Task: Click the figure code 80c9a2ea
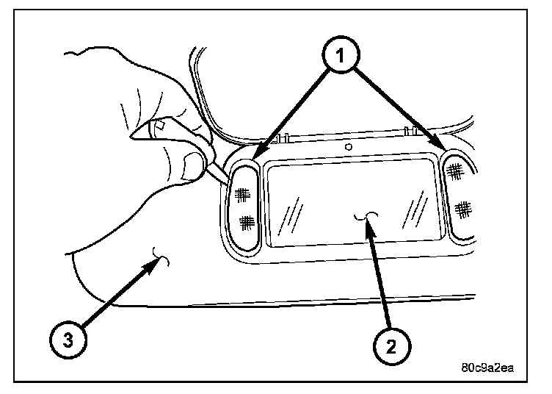pyautogui.click(x=490, y=368)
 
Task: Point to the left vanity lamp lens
pyautogui.click(x=244, y=207)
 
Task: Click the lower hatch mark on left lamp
pyautogui.click(x=247, y=220)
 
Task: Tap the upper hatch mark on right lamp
pyautogui.click(x=455, y=171)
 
